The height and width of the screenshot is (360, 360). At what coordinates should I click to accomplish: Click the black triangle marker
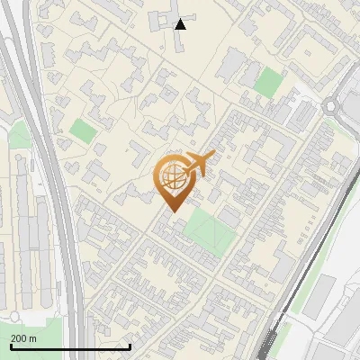pos(181,23)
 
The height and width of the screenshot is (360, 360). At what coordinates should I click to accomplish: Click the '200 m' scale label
pos(24,337)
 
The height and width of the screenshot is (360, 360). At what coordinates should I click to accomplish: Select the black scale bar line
pos(70,346)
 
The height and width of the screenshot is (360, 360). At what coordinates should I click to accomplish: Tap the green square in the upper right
pos(267,82)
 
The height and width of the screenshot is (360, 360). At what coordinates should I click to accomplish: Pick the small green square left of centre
pos(83,130)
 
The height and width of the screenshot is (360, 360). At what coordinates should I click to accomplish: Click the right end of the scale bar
pos(130,346)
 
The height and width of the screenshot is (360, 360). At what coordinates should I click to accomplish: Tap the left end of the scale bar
pos(11,346)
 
